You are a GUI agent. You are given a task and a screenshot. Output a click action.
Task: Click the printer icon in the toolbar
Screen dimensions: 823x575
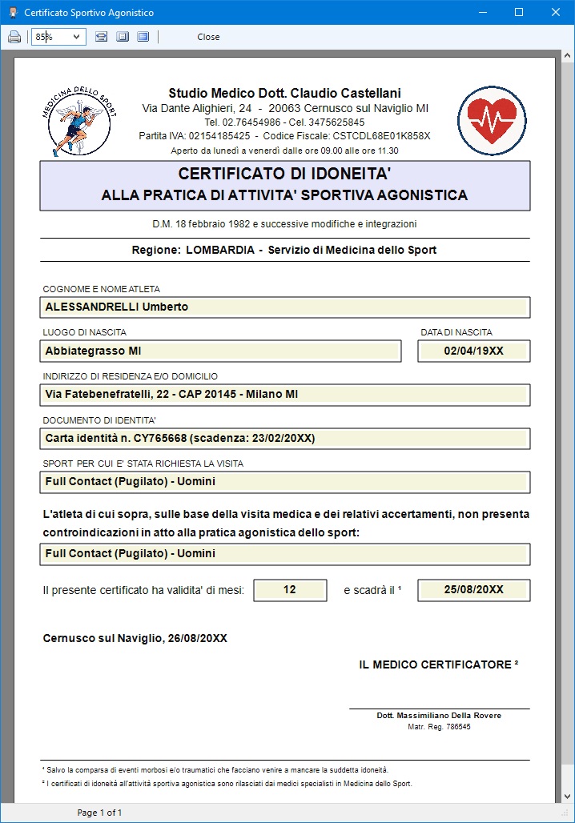tap(14, 37)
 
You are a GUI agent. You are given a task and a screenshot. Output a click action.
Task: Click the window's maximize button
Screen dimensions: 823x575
tap(518, 12)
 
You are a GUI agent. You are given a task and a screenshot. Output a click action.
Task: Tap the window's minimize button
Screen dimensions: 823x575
tap(481, 12)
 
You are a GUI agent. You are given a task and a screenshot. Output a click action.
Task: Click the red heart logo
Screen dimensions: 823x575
tap(493, 120)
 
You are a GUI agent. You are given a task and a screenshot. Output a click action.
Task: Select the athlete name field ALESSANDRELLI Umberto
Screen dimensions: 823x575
tap(284, 307)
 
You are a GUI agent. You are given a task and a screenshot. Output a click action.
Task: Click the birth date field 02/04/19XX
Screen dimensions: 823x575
tap(474, 351)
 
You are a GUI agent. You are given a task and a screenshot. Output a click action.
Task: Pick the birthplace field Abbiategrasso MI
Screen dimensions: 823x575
tap(220, 351)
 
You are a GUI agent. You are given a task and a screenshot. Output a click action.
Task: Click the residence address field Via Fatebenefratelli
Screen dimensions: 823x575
tap(284, 395)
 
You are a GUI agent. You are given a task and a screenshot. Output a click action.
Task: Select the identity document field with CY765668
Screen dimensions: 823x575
tap(284, 439)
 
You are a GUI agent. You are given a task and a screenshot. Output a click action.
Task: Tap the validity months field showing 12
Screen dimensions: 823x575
tap(290, 590)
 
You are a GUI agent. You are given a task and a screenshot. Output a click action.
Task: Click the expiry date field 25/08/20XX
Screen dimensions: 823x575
tap(474, 590)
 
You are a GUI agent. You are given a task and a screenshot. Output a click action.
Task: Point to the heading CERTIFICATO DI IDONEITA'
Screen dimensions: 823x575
tap(284, 174)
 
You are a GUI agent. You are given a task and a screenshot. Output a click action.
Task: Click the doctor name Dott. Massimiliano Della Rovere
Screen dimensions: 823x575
tap(439, 716)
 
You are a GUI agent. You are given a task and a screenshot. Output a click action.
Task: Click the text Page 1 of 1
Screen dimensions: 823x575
tap(99, 813)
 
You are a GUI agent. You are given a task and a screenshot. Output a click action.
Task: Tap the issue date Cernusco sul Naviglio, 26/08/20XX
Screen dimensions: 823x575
tap(135, 638)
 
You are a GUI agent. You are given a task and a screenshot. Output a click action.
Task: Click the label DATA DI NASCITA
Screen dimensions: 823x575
tap(456, 332)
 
